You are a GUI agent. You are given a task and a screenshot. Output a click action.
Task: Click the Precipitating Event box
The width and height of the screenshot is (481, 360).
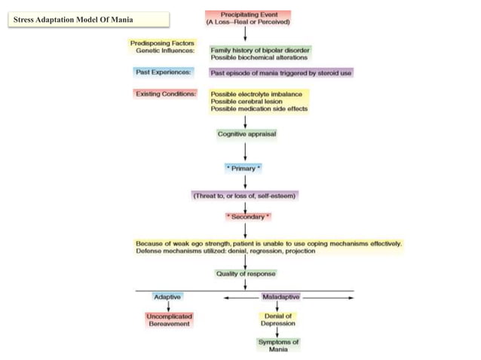pos(247,18)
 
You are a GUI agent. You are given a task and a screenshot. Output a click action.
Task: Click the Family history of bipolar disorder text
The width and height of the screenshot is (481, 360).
pos(259,50)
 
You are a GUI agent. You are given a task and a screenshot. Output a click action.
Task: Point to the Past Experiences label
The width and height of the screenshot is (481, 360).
pos(162,73)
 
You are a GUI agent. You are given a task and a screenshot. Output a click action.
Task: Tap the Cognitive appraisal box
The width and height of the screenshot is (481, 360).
pos(247,134)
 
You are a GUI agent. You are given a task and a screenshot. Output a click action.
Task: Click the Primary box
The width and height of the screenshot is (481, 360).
pos(244,168)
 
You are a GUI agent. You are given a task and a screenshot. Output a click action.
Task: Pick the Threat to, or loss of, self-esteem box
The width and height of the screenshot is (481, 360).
pos(245,195)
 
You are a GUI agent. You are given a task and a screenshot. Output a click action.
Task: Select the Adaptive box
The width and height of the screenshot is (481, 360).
pos(167,297)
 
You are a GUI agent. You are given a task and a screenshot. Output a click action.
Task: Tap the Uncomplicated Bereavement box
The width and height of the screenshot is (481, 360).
pos(169,319)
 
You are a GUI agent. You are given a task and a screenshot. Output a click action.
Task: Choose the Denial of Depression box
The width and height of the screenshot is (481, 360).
pos(278,319)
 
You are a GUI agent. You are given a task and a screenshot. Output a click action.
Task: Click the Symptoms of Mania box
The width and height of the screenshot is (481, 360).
pos(278,346)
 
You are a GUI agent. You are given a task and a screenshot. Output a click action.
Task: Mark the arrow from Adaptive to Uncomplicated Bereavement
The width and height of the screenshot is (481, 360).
pos(167,307)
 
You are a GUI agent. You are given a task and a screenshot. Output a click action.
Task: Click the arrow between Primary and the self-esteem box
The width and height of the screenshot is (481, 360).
pos(245,182)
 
